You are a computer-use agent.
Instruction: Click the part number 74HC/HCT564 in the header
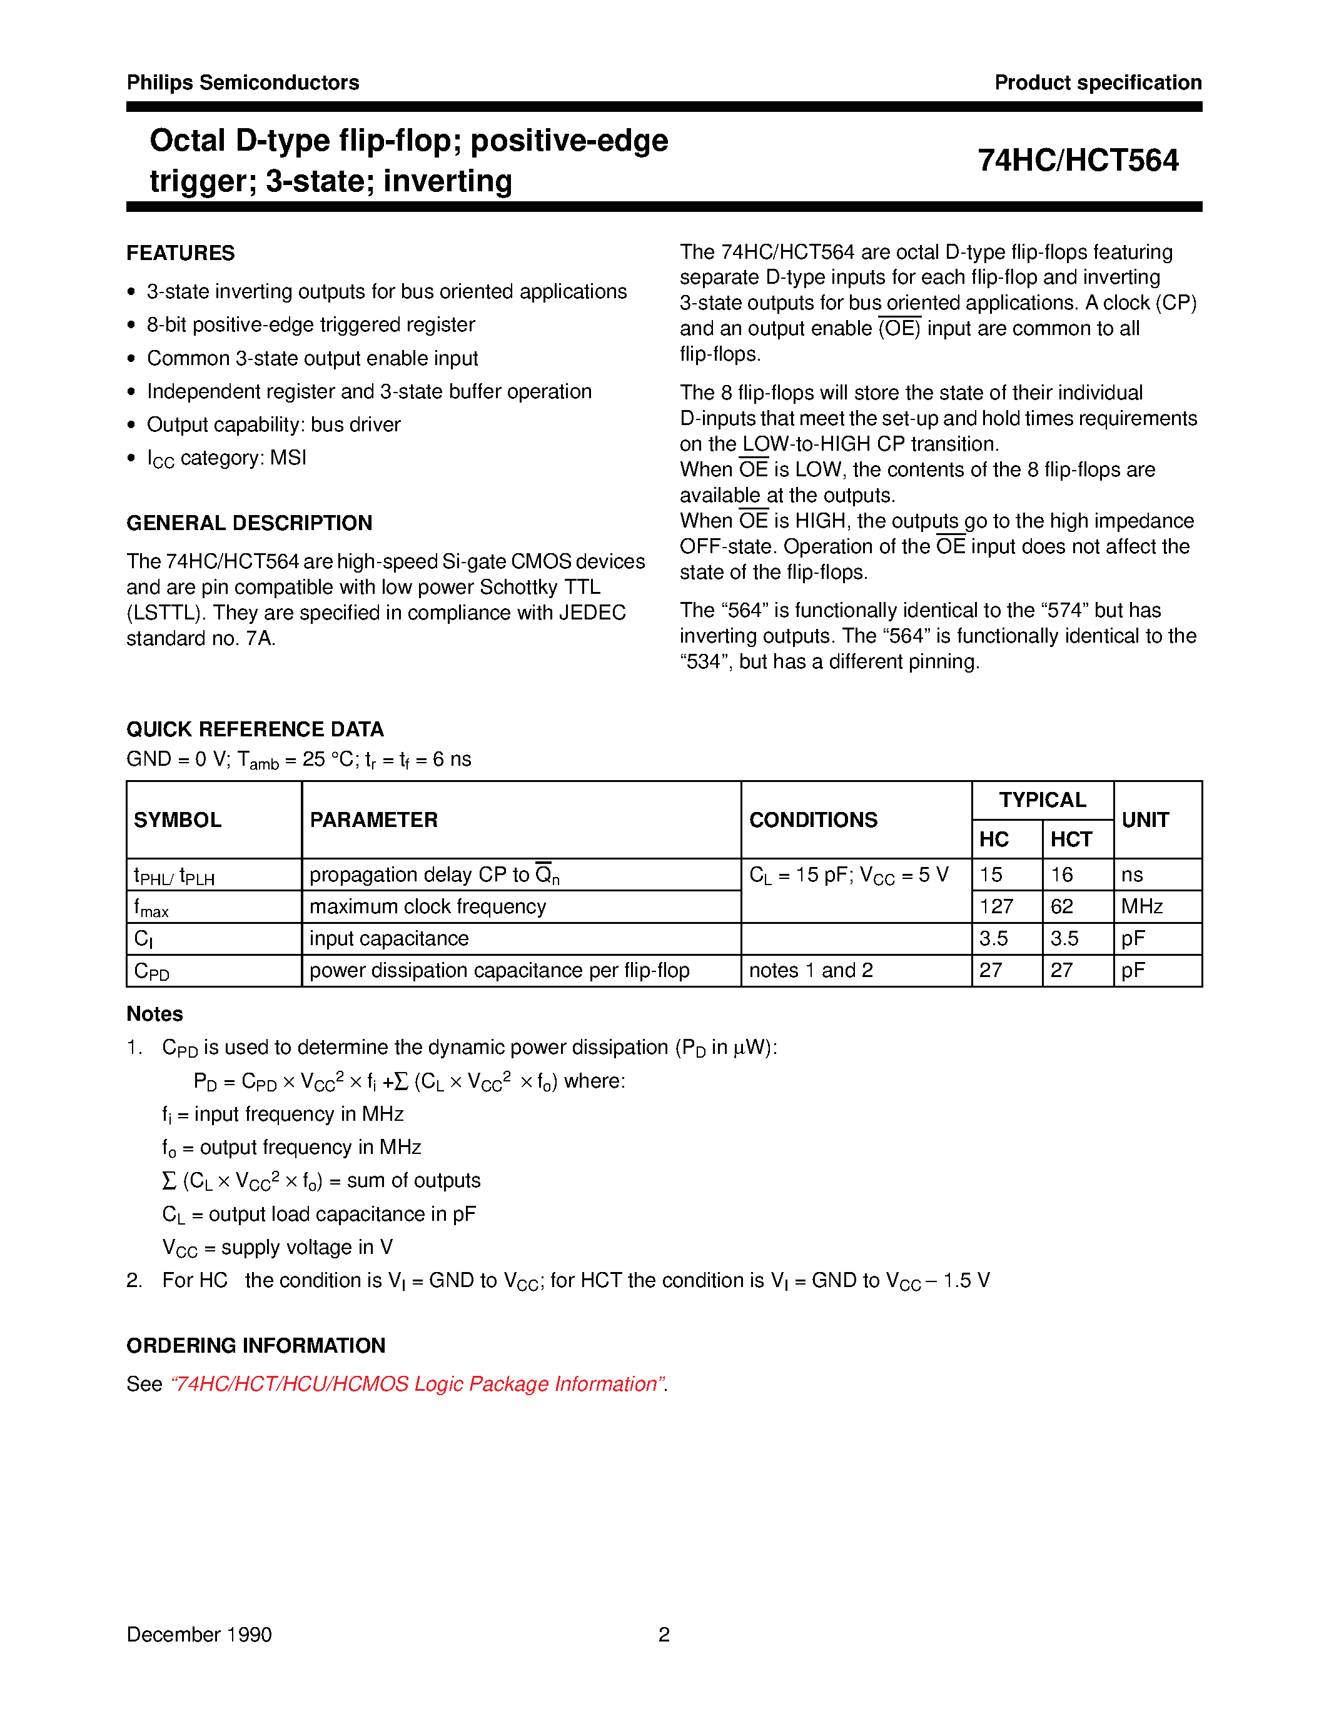tap(1077, 161)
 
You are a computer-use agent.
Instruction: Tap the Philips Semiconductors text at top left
tap(243, 83)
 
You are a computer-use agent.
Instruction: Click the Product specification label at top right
tap(1098, 83)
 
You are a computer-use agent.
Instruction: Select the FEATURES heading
tap(180, 253)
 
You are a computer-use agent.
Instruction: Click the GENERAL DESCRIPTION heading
tap(249, 523)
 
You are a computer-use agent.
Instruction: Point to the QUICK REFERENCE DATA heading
tap(255, 729)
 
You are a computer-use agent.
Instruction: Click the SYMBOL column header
tap(177, 819)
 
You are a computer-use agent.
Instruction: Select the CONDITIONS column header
tap(812, 819)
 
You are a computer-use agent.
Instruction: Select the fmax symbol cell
tap(151, 908)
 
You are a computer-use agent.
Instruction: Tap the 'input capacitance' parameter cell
tap(389, 938)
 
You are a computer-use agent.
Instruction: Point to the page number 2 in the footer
tap(664, 1634)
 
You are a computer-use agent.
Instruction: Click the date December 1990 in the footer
tap(199, 1634)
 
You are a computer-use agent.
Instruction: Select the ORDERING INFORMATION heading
tap(256, 1345)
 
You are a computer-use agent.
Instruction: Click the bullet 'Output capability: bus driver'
tap(273, 424)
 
